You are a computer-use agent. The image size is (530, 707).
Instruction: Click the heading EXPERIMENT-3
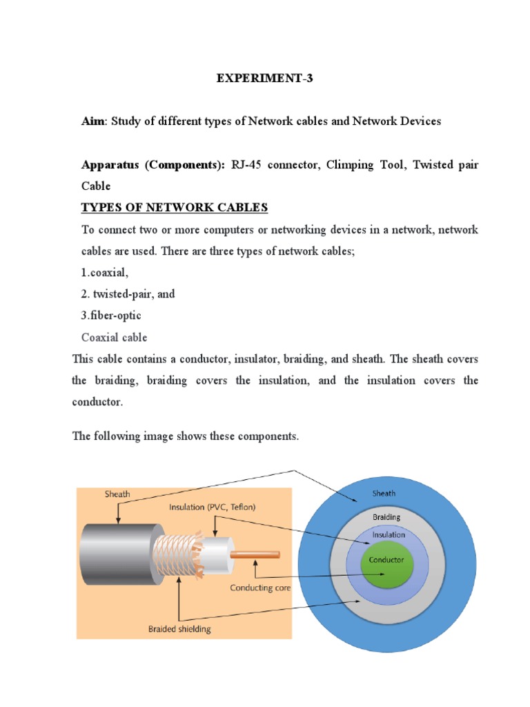(x=265, y=79)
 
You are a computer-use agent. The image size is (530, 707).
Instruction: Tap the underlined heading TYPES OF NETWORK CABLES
(x=175, y=208)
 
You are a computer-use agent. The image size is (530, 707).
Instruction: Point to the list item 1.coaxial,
(x=105, y=273)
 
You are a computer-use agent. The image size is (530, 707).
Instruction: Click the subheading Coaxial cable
(x=114, y=338)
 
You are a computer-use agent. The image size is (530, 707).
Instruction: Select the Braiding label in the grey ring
(x=386, y=516)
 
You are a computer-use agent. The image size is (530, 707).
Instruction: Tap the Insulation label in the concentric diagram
(x=389, y=534)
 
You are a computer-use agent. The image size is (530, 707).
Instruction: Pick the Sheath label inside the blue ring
(x=384, y=493)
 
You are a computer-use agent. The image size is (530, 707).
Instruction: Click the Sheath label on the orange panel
(x=117, y=494)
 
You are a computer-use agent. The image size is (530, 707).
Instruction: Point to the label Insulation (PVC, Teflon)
(x=213, y=507)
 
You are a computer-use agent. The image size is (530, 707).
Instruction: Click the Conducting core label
(x=260, y=588)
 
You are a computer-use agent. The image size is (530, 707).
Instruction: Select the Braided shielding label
(x=179, y=629)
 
